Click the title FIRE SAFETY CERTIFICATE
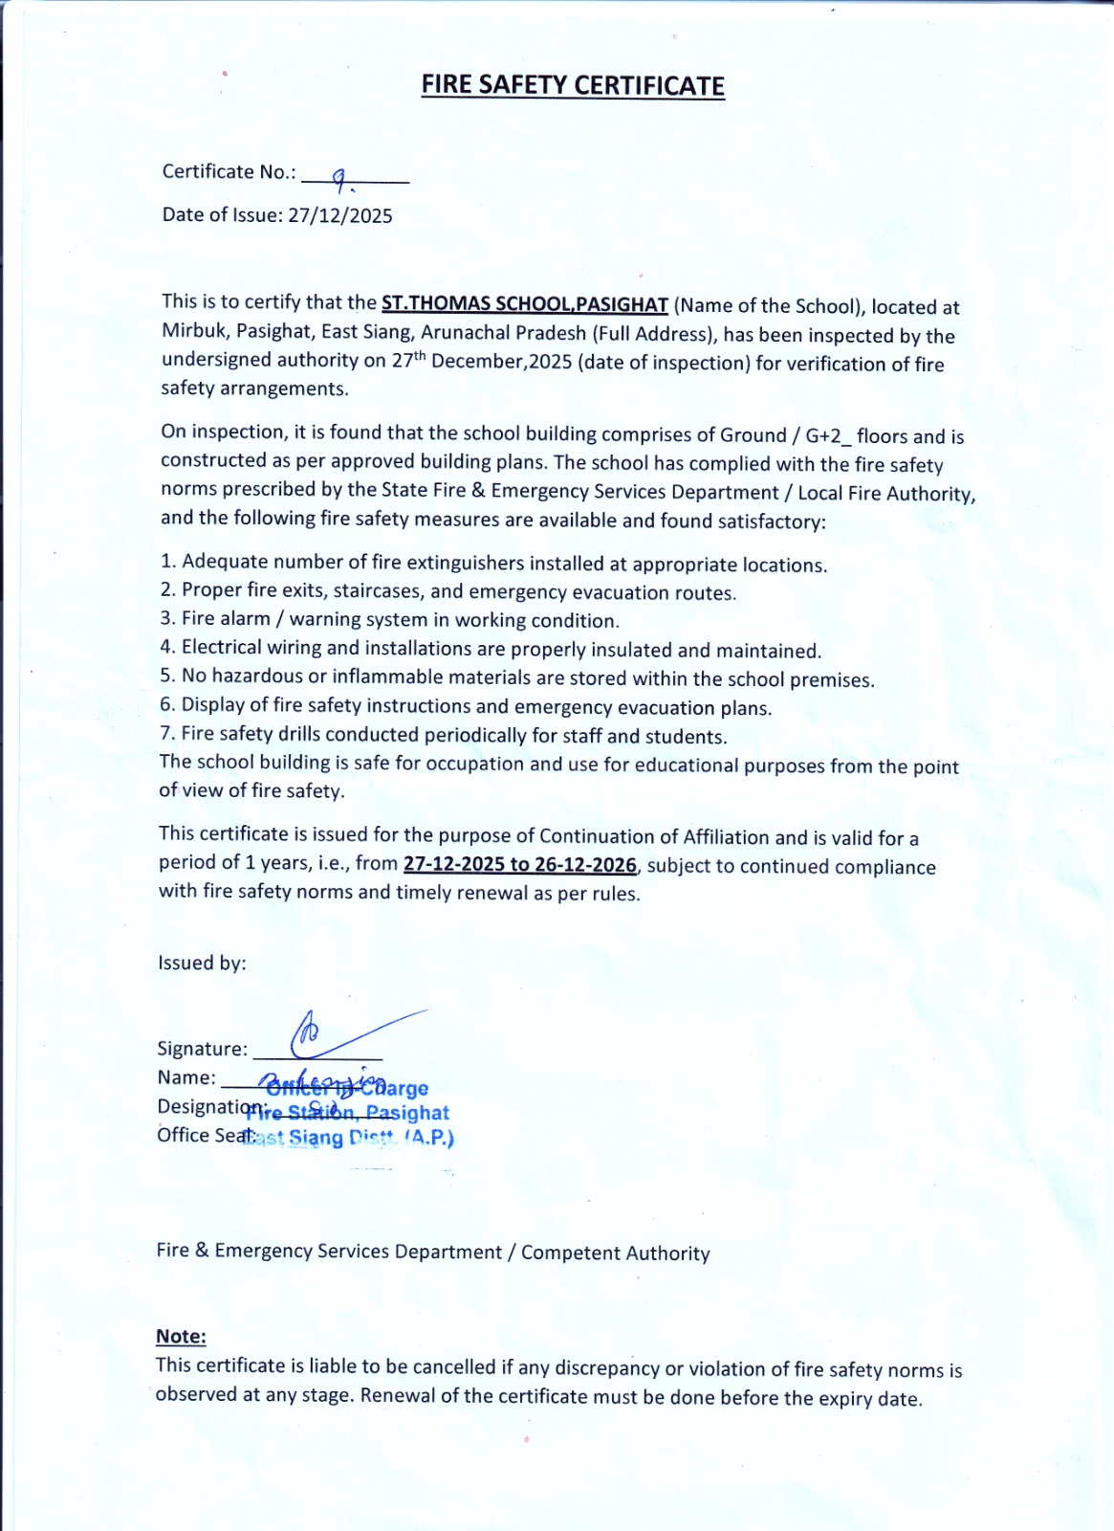click(573, 85)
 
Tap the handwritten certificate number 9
click(339, 177)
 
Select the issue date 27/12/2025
click(340, 215)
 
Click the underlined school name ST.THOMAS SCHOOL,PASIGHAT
click(524, 304)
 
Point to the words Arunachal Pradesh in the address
click(504, 333)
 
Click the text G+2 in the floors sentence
click(823, 436)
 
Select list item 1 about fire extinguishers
click(493, 564)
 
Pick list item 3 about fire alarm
click(390, 620)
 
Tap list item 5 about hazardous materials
click(516, 678)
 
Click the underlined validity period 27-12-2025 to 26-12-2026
click(519, 864)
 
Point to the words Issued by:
click(202, 963)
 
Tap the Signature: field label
click(202, 1049)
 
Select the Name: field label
click(186, 1077)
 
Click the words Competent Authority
click(616, 1253)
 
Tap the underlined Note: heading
click(181, 1336)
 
